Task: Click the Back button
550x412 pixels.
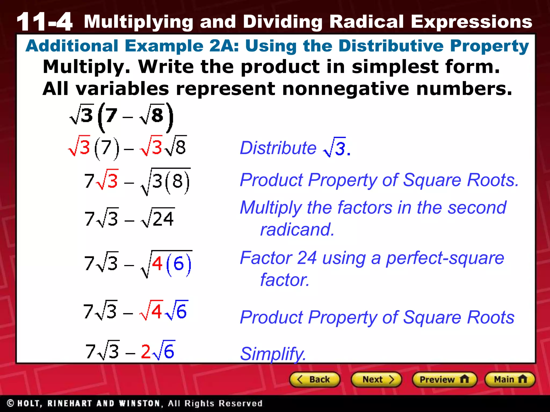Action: [314, 380]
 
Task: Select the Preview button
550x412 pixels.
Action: [444, 380]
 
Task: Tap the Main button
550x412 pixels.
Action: [510, 380]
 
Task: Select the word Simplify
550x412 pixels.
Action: [273, 354]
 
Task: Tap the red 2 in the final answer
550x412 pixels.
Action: [146, 351]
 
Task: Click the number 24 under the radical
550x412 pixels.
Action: [163, 219]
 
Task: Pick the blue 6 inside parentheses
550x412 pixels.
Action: [179, 264]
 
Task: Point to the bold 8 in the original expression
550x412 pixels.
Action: [157, 116]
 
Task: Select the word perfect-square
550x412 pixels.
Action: [445, 258]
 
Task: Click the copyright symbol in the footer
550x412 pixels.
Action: [10, 403]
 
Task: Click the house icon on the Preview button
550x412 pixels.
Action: [464, 379]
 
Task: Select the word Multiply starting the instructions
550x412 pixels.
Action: [86, 67]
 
